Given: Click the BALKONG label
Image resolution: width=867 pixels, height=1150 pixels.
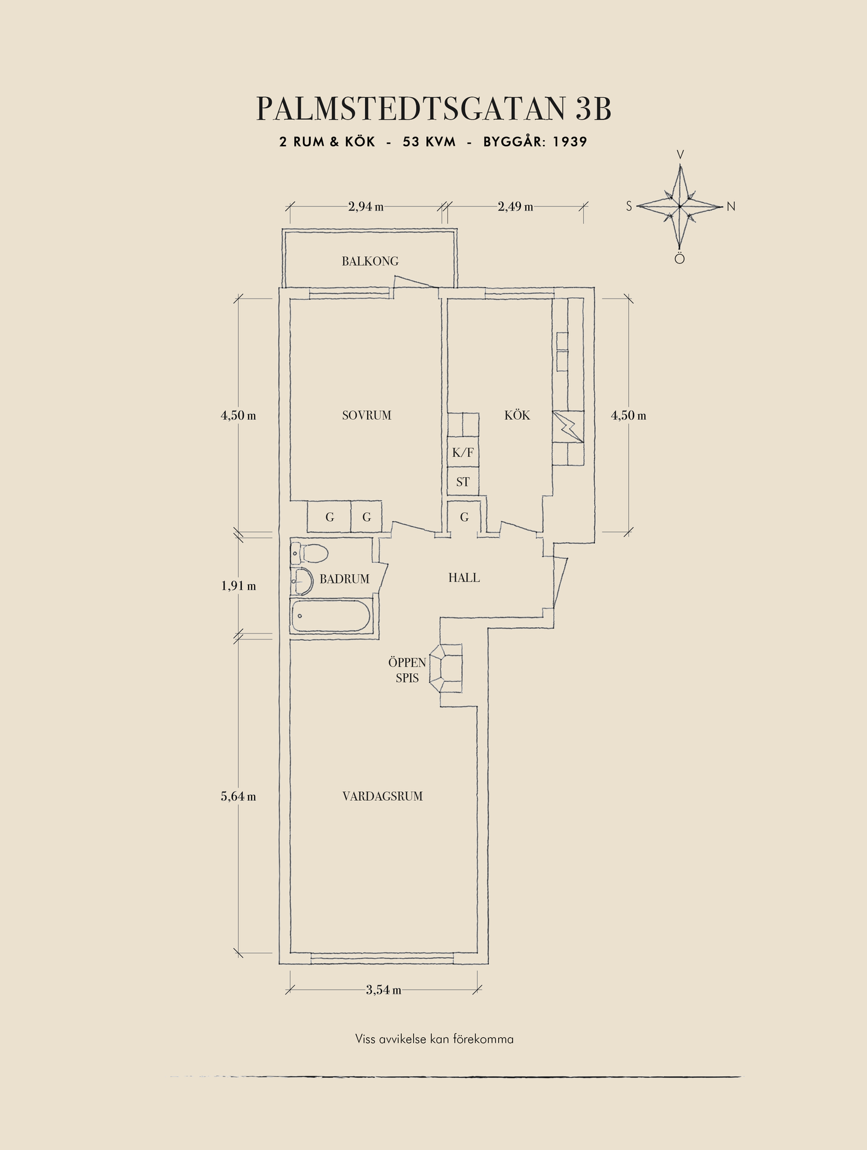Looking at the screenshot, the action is tap(370, 261).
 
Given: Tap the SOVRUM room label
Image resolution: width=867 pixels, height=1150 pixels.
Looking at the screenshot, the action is tap(366, 415).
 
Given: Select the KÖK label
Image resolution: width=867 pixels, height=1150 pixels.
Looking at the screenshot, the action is tap(517, 414).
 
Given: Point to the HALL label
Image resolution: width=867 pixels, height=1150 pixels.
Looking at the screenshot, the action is tap(464, 578).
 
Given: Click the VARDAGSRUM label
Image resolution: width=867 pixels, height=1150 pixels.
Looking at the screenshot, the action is tap(383, 796).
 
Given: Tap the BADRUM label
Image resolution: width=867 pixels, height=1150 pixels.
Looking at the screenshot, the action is tap(344, 579).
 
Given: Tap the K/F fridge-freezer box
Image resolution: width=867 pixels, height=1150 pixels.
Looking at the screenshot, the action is tap(463, 453).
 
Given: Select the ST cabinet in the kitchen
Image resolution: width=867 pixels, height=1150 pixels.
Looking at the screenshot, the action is tap(463, 482).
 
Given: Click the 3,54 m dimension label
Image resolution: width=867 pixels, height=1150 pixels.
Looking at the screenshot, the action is tap(384, 990).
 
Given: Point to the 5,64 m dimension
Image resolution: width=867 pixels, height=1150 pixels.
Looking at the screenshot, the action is tap(238, 796).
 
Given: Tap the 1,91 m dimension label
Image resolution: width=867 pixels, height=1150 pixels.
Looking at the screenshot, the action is tap(238, 586).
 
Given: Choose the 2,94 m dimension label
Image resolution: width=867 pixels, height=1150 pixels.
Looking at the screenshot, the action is tap(366, 207).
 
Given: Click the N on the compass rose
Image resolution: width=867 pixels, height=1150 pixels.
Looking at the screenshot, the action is tap(731, 207).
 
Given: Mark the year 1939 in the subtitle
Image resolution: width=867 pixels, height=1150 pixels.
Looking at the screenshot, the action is tap(570, 142).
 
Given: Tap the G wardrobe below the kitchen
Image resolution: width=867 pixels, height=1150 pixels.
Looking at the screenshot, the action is tap(464, 517).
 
